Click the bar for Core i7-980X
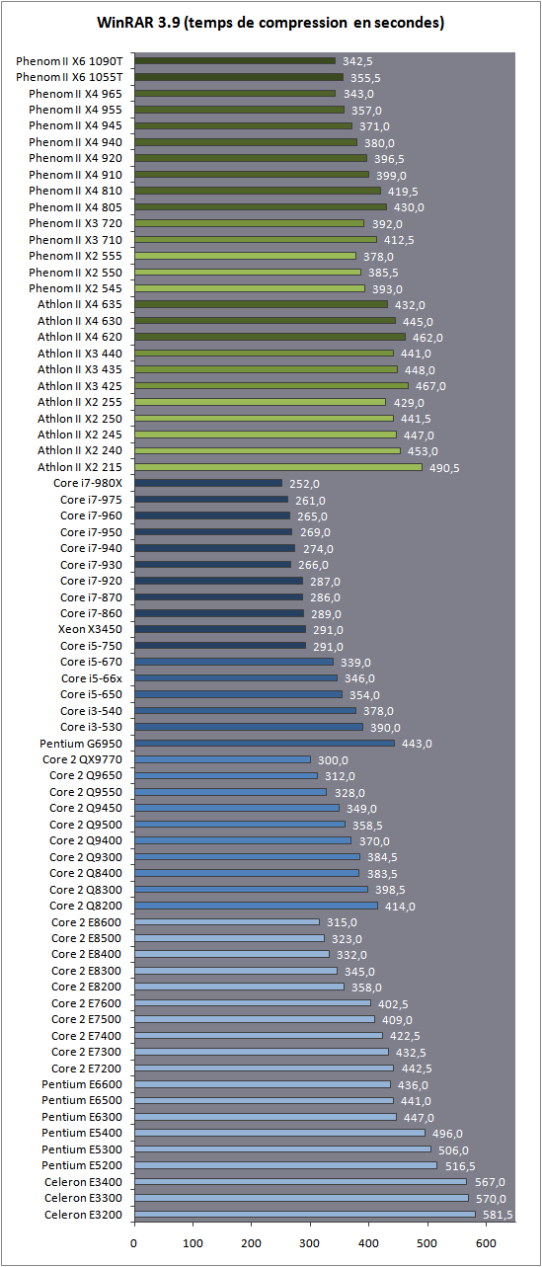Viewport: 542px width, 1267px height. pyautogui.click(x=208, y=483)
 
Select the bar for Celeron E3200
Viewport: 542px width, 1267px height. pyautogui.click(x=305, y=1215)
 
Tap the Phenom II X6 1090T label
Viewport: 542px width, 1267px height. pyautogui.click(x=69, y=61)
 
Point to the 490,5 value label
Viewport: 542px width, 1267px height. pyautogui.click(x=444, y=468)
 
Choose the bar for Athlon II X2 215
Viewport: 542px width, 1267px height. pyautogui.click(x=278, y=467)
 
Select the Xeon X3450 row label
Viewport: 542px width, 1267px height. pyautogui.click(x=90, y=629)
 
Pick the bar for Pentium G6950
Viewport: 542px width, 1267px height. pyautogui.click(x=265, y=744)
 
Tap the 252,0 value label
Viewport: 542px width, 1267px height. pyautogui.click(x=305, y=484)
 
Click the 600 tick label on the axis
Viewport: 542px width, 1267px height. pyautogui.click(x=486, y=1243)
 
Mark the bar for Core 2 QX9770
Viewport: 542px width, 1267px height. pyautogui.click(x=223, y=759)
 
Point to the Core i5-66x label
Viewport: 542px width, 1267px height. pyautogui.click(x=92, y=678)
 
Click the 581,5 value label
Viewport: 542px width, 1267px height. pyautogui.click(x=498, y=1215)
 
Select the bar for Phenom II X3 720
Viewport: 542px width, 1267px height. pyautogui.click(x=249, y=223)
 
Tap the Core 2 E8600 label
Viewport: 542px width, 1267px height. pyautogui.click(x=87, y=922)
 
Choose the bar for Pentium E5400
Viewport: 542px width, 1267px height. pyautogui.click(x=280, y=1133)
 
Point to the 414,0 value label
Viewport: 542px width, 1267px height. pyautogui.click(x=400, y=907)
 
